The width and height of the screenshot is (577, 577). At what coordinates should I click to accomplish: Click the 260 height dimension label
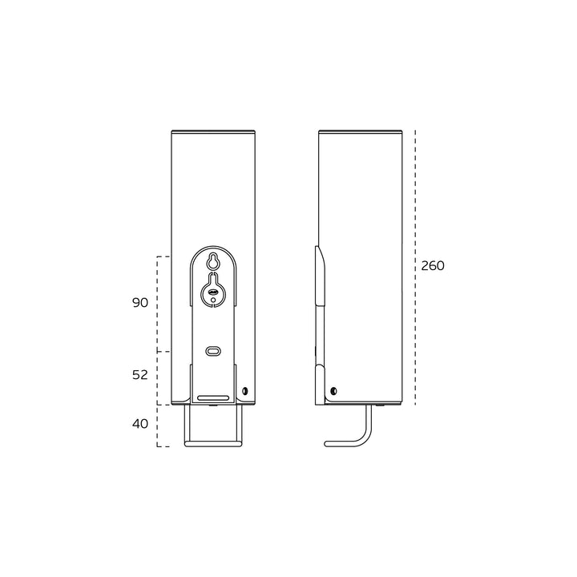433,266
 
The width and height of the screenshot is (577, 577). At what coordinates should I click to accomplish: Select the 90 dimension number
140,303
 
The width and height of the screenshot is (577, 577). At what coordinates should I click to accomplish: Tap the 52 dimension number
140,375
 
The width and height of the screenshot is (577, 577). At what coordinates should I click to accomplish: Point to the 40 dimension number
140,423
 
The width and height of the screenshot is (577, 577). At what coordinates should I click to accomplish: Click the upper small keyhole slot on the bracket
213,261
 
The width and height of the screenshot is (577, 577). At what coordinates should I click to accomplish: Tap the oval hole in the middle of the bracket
213,351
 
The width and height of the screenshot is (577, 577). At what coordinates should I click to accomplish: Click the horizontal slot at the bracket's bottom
213,397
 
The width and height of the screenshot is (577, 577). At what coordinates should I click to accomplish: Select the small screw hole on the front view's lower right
245,392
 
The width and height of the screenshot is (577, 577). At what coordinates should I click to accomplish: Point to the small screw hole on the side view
333,391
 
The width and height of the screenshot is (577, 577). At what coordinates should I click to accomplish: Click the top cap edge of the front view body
213,131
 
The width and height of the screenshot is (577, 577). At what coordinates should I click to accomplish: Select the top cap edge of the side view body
359,131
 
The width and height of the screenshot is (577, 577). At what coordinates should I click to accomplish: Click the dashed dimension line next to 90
158,304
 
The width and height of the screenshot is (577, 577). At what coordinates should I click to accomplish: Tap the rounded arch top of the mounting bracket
213,247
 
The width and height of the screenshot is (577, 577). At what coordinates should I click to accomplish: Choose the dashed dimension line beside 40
158,426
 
